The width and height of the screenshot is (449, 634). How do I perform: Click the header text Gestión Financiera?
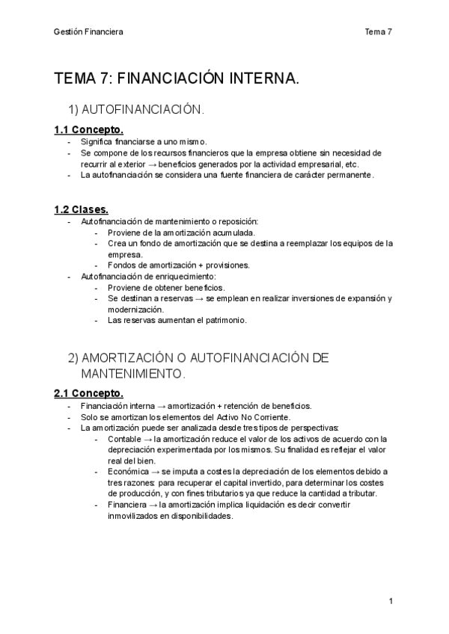(x=89, y=31)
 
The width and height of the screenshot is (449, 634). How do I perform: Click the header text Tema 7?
(x=378, y=31)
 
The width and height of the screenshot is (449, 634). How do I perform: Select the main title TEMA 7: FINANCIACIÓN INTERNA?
(x=177, y=79)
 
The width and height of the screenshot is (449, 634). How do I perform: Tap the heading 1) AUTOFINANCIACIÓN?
(x=135, y=110)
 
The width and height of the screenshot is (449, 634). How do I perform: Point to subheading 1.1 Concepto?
(x=89, y=129)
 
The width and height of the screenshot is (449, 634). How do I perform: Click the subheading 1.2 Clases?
(x=81, y=209)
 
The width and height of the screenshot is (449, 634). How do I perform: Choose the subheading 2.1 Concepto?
(x=89, y=393)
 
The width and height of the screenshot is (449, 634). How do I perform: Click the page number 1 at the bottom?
(x=391, y=601)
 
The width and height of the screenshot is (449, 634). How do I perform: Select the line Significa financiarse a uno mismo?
(x=144, y=141)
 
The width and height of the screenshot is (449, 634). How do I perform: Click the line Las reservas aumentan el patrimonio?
(x=177, y=321)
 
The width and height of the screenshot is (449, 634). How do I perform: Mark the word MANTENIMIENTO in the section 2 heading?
(x=132, y=372)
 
